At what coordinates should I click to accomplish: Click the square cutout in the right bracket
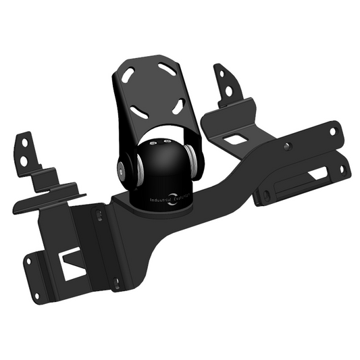[233, 139]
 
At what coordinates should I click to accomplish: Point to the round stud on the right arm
[288, 146]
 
